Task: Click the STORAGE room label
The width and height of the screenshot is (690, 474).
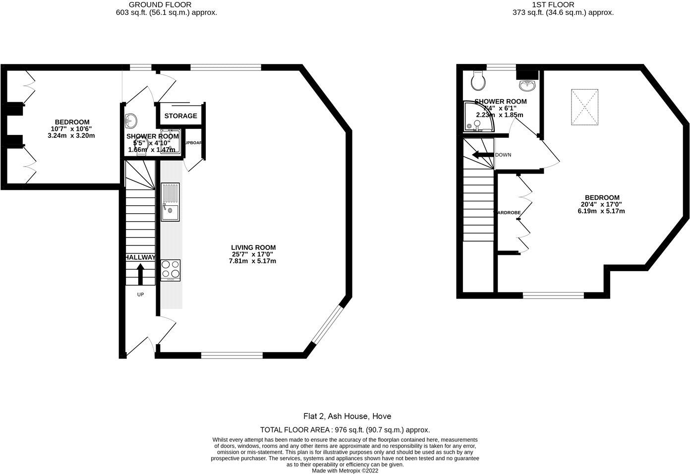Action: [x=180, y=116]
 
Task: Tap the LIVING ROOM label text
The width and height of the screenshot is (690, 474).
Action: [x=253, y=247]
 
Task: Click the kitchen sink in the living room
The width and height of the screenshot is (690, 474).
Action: [x=170, y=202]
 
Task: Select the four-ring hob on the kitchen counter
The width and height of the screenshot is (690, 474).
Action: [x=170, y=270]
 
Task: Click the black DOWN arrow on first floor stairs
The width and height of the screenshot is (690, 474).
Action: [x=482, y=155]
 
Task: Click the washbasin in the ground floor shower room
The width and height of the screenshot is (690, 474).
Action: [x=131, y=119]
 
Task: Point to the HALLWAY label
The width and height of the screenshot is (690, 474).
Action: [x=140, y=257]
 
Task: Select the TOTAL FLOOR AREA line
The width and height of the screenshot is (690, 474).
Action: [x=345, y=430]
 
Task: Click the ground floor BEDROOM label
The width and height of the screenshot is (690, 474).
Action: [x=72, y=122]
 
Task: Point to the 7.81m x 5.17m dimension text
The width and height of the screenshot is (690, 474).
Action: [x=252, y=261]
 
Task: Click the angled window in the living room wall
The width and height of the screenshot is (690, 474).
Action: [x=328, y=324]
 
